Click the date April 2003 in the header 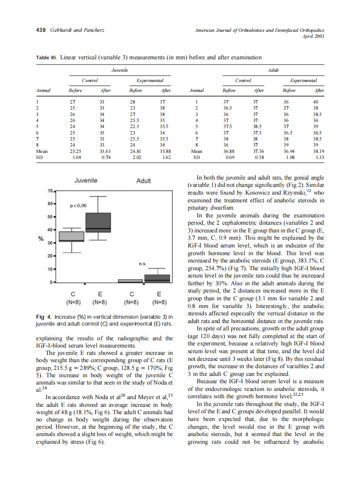[313, 36]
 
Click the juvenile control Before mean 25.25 [76, 151]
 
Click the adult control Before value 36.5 [227, 108]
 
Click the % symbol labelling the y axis [41, 239]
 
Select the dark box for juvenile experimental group [98, 223]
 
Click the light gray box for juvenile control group [72, 237]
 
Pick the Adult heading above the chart [143, 181]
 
